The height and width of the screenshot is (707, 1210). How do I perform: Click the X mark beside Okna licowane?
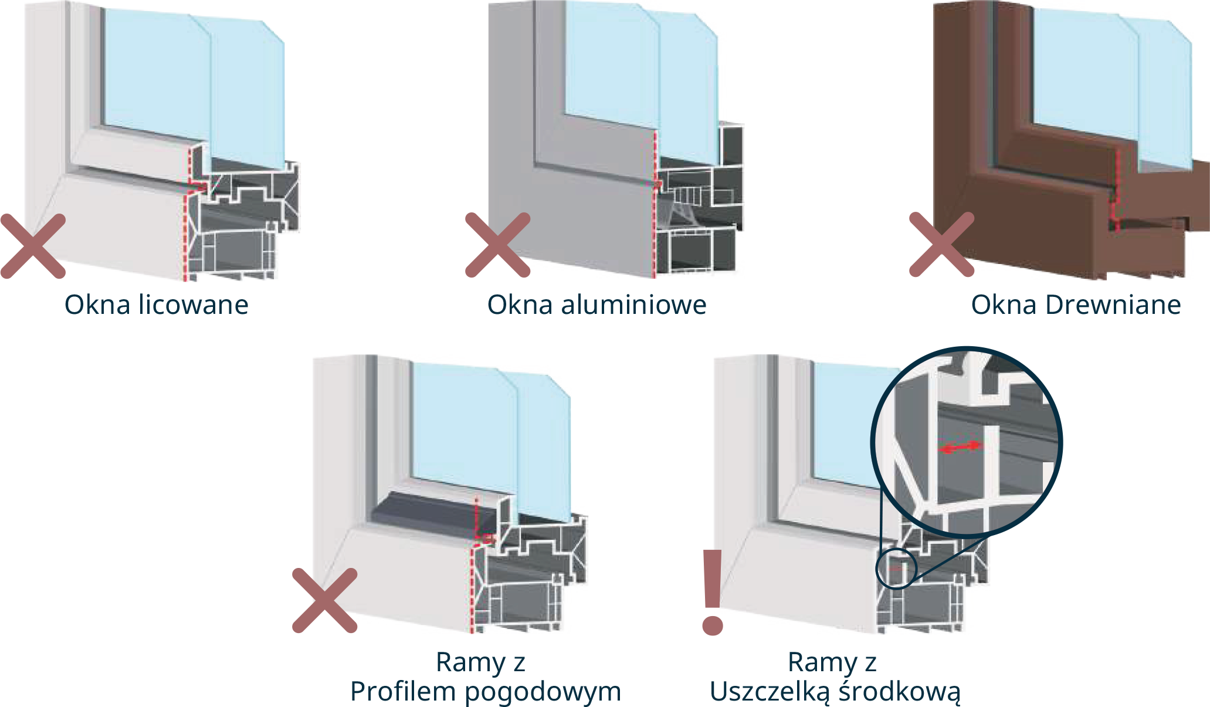33,246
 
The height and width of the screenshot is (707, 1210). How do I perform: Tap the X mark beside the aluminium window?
497,245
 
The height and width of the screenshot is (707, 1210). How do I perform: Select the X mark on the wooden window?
941,244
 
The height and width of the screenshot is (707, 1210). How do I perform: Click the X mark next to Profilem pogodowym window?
324,600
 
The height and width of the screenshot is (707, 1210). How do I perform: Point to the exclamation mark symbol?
713,593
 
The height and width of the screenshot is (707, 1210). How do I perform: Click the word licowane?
194,305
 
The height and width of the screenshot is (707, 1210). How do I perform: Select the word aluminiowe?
633,305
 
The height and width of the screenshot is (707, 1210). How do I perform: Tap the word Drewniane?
1113,305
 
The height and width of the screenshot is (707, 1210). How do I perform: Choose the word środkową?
900,692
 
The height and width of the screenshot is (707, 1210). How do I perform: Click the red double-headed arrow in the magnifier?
960,447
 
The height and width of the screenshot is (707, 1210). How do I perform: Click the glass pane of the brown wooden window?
1103,88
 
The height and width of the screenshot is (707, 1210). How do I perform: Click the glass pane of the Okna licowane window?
194,88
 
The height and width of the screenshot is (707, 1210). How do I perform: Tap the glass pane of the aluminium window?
639,82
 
